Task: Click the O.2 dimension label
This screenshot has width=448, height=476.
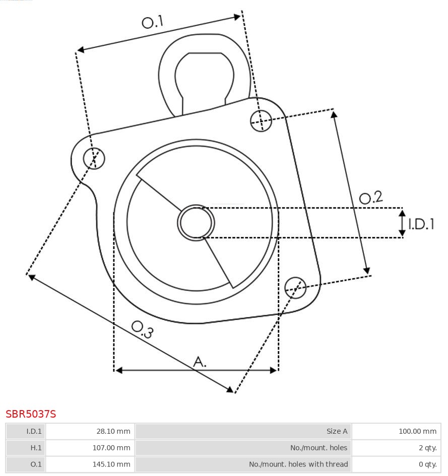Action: (371, 197)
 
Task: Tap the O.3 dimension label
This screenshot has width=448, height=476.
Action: (142, 329)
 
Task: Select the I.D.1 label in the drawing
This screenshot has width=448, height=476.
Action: (421, 224)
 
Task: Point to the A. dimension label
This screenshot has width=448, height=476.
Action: (200, 361)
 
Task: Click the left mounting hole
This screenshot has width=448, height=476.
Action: (94, 158)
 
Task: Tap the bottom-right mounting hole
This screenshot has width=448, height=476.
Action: (295, 287)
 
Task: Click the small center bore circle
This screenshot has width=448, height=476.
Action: (196, 222)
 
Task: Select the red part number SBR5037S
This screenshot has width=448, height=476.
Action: (31, 414)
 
